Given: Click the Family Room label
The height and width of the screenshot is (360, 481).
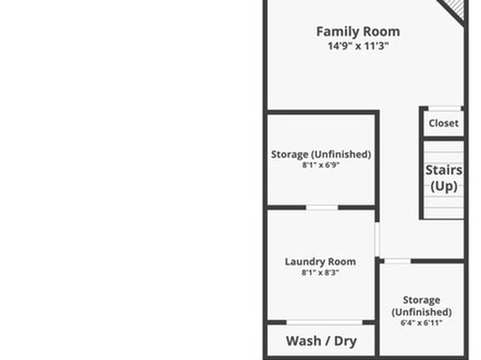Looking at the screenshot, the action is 358,31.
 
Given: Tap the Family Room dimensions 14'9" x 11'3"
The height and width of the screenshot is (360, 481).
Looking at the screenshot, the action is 358,46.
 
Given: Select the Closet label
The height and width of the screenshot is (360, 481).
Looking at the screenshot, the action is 444,123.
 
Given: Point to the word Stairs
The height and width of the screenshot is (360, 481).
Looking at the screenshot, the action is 444,170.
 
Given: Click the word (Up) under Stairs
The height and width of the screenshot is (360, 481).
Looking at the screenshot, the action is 444,186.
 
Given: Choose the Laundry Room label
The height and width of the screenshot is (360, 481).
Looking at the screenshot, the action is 320,262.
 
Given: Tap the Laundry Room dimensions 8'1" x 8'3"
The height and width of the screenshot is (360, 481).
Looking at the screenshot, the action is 320,272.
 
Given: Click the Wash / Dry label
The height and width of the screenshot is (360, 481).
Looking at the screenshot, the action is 321,341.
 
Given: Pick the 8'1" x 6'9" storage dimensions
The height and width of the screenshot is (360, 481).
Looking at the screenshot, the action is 320,165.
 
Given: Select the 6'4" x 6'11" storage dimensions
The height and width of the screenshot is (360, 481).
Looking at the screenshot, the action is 421,323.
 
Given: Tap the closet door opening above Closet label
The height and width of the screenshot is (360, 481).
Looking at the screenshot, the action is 445,108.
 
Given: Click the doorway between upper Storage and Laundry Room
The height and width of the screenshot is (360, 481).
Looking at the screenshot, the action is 322,207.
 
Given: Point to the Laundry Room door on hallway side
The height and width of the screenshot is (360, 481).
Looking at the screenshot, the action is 378,240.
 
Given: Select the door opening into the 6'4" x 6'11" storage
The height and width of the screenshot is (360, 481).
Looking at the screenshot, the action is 398,262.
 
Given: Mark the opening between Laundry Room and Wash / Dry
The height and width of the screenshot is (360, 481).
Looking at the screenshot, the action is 324,322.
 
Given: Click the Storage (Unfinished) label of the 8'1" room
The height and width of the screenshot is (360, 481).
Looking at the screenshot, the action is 321,154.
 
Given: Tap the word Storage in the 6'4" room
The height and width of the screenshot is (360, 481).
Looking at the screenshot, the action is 421,299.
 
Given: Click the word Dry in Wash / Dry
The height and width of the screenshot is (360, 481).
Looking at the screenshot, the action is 345,341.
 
